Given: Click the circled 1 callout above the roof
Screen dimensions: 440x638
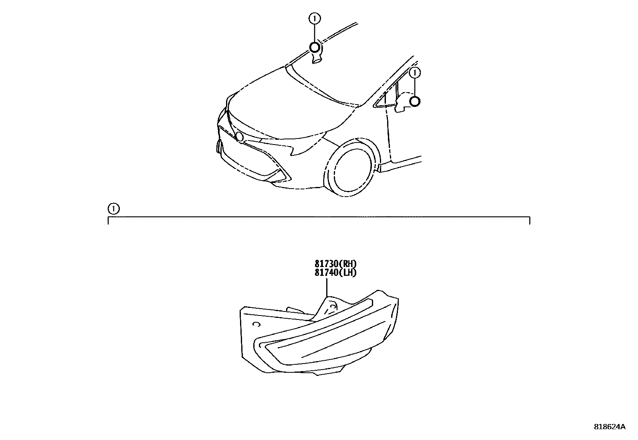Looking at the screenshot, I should (x=315, y=18).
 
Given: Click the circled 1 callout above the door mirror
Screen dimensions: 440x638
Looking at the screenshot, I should (x=415, y=73).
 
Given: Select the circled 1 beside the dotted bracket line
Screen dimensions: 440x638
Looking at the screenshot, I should (x=114, y=209).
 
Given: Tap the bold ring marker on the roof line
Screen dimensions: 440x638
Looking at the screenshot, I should (x=315, y=48).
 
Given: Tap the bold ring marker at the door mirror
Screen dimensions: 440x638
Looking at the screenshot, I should (x=415, y=102).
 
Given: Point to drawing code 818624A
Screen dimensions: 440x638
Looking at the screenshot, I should (x=610, y=427).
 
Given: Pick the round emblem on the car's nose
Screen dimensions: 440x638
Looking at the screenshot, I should (x=240, y=137).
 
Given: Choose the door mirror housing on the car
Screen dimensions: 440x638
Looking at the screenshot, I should (x=403, y=103).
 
